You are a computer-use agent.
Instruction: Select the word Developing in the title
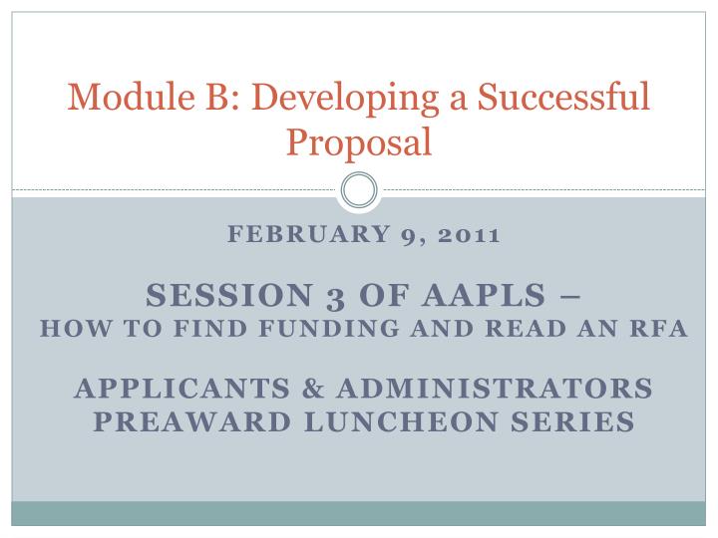(x=326, y=99)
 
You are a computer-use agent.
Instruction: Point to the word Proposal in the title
(x=359, y=142)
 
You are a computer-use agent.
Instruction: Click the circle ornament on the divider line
(x=359, y=189)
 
